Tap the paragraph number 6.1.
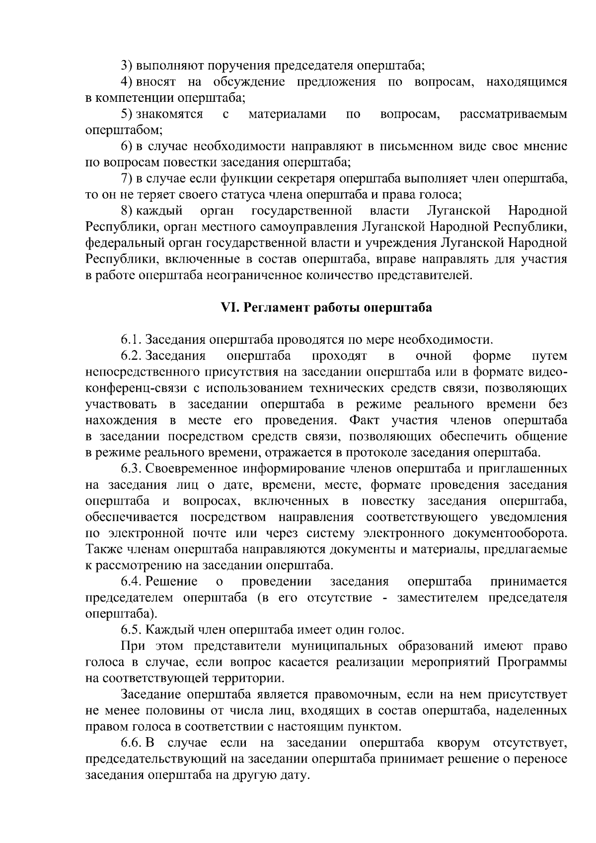[x=132, y=340]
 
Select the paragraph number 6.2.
[x=132, y=356]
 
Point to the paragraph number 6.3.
[x=132, y=469]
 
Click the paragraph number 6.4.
[x=132, y=582]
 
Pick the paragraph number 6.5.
[x=132, y=630]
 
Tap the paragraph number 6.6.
[x=132, y=743]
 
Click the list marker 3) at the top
[x=127, y=66]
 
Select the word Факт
[x=364, y=420]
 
